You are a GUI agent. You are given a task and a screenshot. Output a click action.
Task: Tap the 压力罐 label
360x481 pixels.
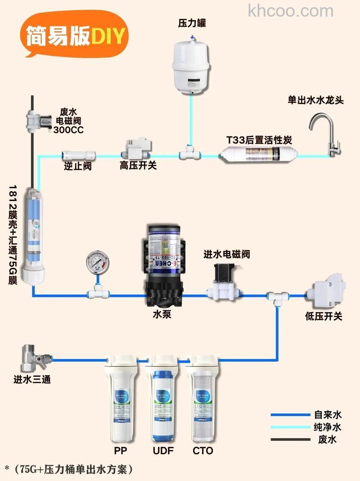coord(192,23)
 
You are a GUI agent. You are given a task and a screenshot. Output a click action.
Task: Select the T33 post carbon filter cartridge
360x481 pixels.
coord(259,156)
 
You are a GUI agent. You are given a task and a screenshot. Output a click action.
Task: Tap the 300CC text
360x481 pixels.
coord(68,130)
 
